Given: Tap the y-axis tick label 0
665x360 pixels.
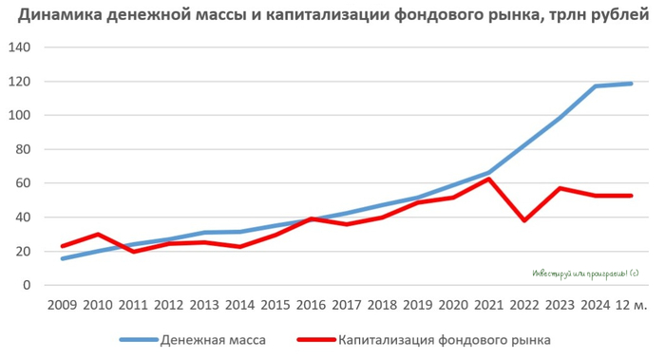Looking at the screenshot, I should coord(27,285).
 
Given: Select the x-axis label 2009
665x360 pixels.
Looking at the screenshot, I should coord(64,304).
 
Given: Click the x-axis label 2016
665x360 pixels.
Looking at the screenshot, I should coord(312,304).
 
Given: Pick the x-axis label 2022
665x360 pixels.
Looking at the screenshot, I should coord(525,304).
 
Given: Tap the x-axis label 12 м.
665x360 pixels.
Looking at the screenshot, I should coord(632,304).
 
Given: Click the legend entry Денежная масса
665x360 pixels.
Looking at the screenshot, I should coord(214,339).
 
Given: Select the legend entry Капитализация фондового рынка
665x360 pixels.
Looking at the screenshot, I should coord(446,339).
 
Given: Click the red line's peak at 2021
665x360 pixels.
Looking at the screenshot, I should coord(489,179).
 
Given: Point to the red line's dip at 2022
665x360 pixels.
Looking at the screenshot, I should coord(525,220).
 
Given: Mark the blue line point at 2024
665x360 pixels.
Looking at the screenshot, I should coord(597,86).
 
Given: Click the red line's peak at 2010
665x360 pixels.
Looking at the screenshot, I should coord(99,234).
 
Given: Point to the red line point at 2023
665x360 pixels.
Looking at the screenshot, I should coord(560,188).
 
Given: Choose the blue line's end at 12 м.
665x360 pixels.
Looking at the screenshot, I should coord(632,84).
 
